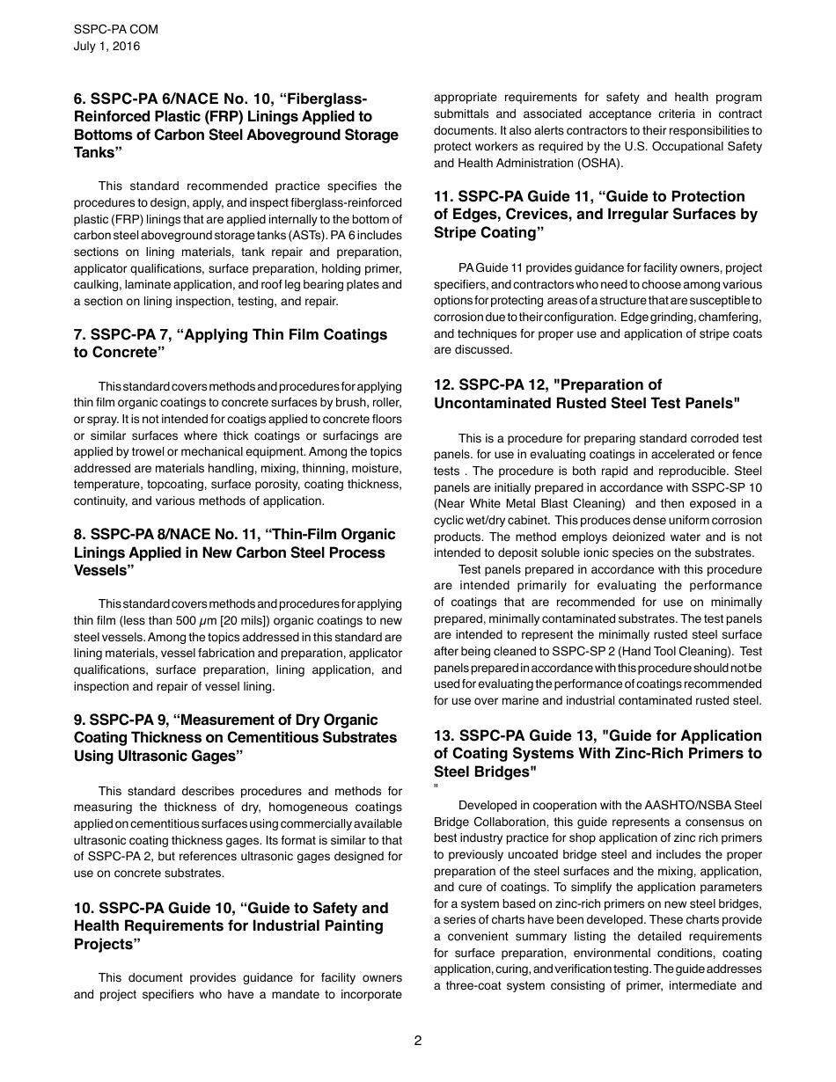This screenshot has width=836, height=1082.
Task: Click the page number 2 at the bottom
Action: pos(418,1041)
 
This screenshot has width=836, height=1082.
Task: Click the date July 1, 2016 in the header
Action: pos(106,46)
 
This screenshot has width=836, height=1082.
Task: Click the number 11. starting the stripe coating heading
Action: pos(444,196)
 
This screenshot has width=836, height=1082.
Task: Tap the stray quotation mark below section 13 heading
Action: pos(436,787)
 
